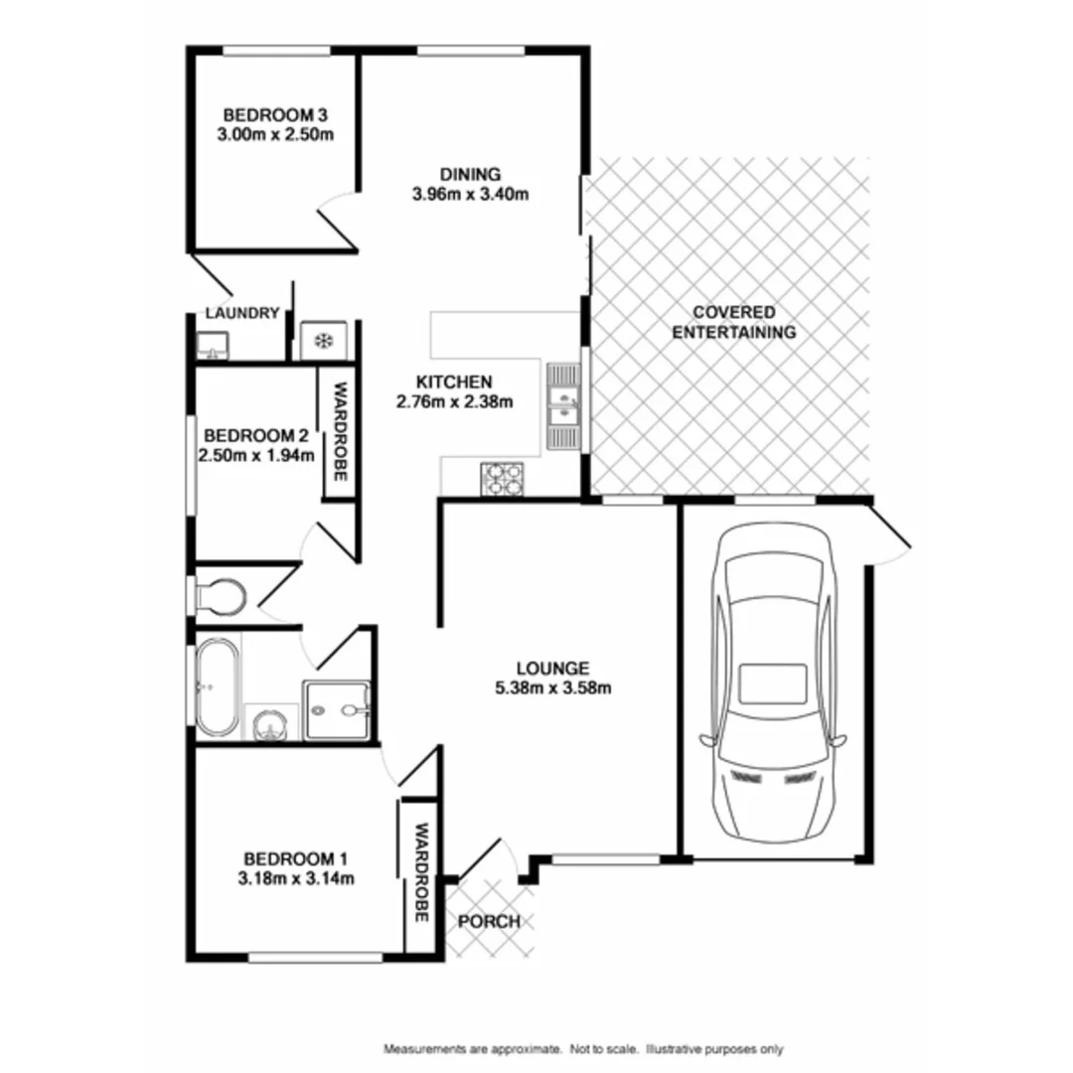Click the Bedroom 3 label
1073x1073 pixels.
(275, 114)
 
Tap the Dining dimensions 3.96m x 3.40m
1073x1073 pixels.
(470, 195)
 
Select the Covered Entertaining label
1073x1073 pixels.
(733, 322)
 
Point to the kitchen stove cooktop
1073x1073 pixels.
(502, 479)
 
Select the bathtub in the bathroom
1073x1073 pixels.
(218, 687)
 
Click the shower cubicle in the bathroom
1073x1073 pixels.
(338, 709)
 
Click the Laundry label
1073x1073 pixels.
(241, 313)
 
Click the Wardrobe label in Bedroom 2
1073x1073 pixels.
(339, 432)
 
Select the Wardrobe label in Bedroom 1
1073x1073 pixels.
(421, 872)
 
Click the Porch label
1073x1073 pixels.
(489, 922)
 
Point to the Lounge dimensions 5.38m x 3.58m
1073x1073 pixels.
(553, 688)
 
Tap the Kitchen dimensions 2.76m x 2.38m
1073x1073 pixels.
(454, 402)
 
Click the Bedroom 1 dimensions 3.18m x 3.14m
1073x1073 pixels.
(296, 877)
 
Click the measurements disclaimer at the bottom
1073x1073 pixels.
(583, 1049)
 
